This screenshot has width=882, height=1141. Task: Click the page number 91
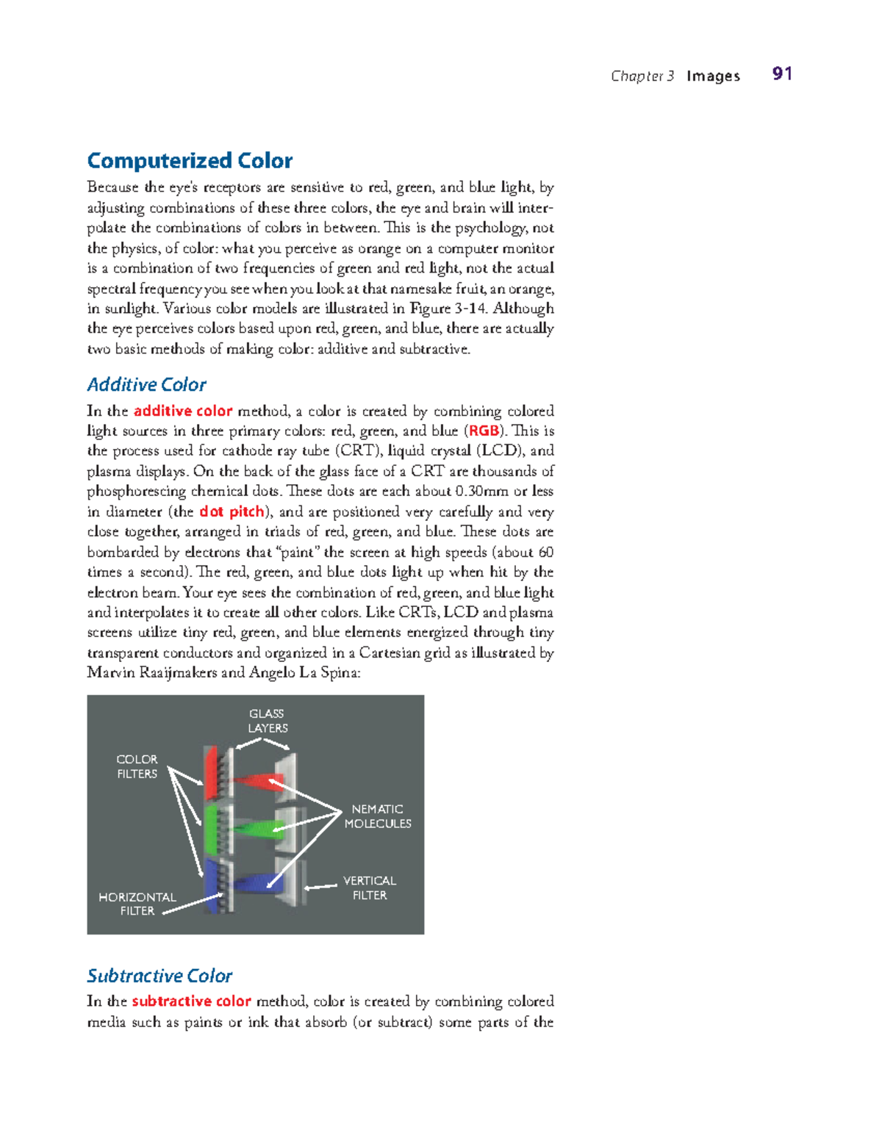[x=782, y=73]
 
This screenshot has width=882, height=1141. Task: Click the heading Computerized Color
[x=190, y=160]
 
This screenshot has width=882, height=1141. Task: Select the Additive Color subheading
[x=146, y=384]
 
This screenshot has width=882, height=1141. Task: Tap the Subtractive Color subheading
[x=159, y=976]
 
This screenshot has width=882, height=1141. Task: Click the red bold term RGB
[x=484, y=431]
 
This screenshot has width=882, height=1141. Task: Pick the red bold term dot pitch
[x=231, y=511]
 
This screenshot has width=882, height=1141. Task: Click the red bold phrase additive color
[x=183, y=411]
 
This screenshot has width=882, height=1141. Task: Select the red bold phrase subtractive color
[x=191, y=1001]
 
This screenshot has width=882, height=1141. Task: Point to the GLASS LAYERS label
[x=267, y=721]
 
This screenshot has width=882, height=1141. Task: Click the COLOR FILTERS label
[x=137, y=766]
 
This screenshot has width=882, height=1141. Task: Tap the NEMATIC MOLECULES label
[x=378, y=816]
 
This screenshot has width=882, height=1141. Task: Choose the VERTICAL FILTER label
[x=369, y=888]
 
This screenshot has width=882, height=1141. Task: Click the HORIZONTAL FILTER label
[x=137, y=904]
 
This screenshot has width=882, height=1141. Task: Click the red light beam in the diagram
[x=254, y=780]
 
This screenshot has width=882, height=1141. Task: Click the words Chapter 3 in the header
[x=642, y=76]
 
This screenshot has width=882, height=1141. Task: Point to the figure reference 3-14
[x=470, y=309]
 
